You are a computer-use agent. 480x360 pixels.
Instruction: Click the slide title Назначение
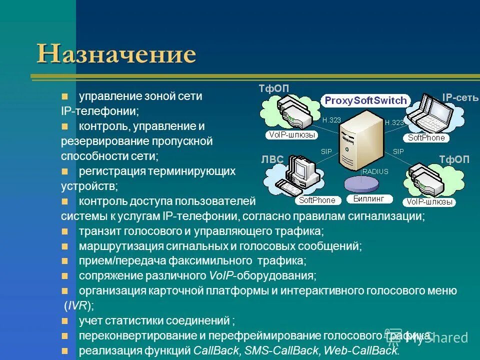click(116, 54)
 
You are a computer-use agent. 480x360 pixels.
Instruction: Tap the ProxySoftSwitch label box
click(365, 100)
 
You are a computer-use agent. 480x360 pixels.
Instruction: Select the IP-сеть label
click(460, 97)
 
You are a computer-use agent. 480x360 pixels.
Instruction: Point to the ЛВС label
click(272, 159)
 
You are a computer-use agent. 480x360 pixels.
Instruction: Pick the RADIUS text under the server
click(375, 171)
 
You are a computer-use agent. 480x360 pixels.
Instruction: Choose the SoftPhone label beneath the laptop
click(426, 138)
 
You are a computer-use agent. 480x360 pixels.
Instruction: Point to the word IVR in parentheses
click(78, 305)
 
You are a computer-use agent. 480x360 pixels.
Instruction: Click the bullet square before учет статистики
click(64, 320)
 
